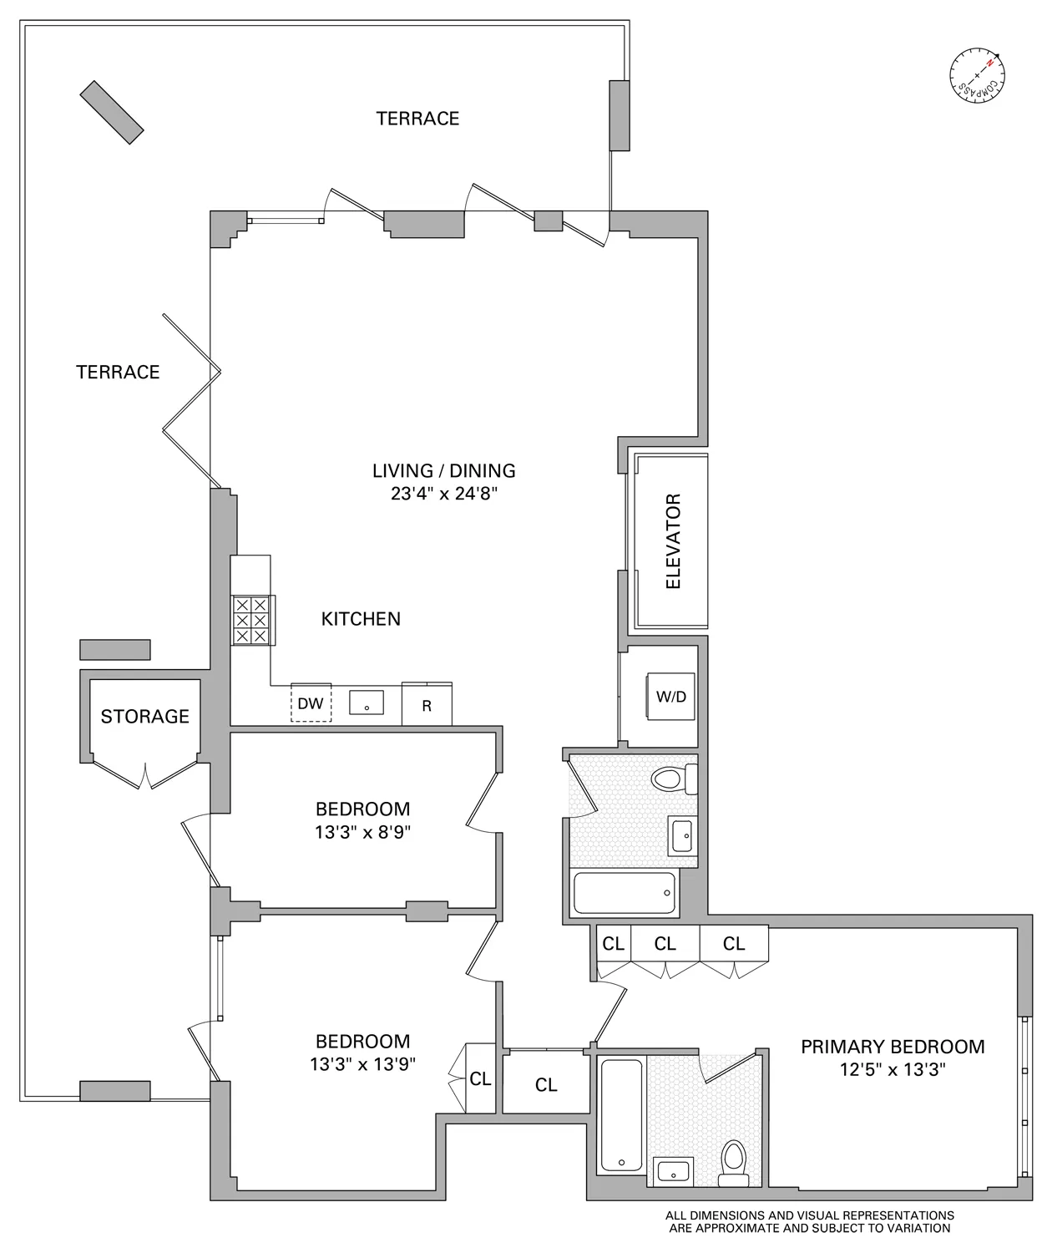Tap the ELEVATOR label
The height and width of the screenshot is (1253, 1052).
pos(673,541)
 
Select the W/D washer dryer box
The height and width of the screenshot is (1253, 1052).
pos(672,696)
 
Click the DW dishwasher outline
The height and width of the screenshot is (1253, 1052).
pos(311,703)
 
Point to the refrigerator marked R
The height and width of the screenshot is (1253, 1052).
pos(427,705)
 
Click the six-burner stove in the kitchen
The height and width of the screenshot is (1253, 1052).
pos(251,620)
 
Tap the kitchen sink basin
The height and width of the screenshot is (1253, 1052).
pos(367,703)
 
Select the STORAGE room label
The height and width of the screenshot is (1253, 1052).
pos(144,717)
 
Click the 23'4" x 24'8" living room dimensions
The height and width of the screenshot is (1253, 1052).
pos(444,494)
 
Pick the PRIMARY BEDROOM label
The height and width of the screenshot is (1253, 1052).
pos(893,1047)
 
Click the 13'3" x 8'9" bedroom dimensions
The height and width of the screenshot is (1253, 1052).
pos(362,832)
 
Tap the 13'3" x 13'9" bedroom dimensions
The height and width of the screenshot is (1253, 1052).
pos(362,1064)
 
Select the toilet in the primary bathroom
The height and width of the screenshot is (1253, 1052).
pos(734,1163)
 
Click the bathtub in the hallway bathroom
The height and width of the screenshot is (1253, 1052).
pos(625,893)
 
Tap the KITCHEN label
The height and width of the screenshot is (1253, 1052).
pos(361,619)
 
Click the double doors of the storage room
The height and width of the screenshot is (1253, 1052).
pos(145,776)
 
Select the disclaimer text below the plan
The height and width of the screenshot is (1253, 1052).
pos(809,1221)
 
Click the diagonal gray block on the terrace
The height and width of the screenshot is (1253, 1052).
pos(112,109)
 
